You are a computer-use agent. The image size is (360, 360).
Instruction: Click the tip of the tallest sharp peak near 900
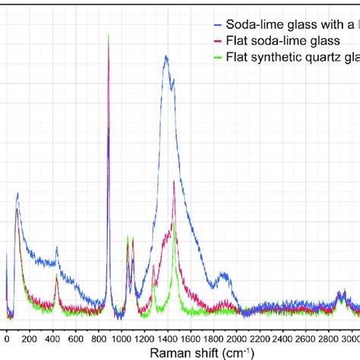(109, 35)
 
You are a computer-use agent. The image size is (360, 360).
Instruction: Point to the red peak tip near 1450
(174, 182)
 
